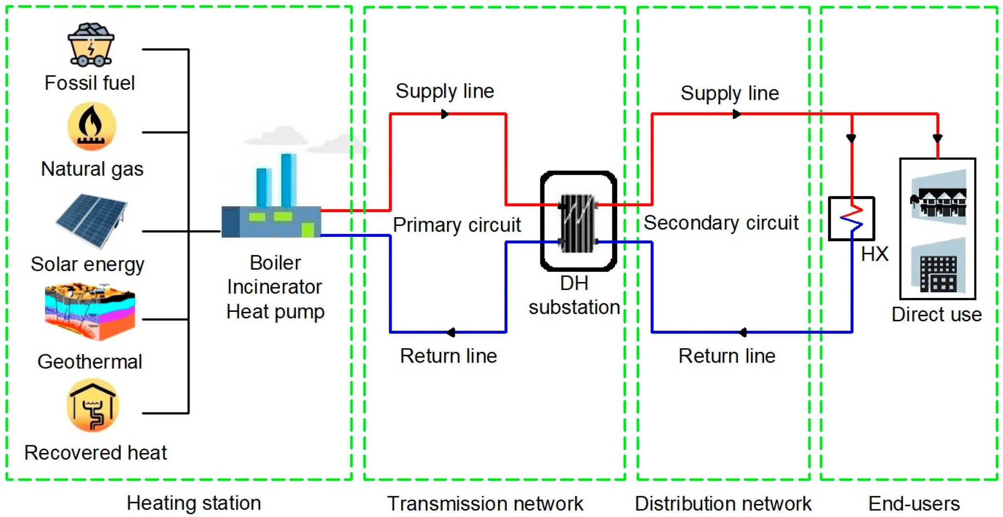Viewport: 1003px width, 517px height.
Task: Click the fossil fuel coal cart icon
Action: coord(91,45)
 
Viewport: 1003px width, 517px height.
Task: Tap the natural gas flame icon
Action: coord(92,126)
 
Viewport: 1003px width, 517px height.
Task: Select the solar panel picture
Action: coord(92,221)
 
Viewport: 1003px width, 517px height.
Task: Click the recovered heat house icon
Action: coord(93,406)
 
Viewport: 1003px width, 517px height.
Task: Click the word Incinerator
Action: coord(274,287)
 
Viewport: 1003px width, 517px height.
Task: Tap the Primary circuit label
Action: coord(457,225)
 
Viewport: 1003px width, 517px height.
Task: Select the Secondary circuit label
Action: coord(721,223)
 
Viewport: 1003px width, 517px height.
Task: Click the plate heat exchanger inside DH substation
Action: coord(578,223)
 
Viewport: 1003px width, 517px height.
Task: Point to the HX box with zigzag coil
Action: coord(851,219)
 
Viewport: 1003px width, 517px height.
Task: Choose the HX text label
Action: coord(875,254)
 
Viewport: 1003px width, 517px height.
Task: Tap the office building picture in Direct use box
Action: coord(938,273)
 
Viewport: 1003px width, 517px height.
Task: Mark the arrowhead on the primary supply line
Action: coord(445,114)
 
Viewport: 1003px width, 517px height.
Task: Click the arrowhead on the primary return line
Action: coord(451,332)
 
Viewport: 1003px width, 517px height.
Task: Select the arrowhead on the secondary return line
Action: coord(743,332)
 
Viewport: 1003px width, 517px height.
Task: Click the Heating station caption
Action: coord(194,503)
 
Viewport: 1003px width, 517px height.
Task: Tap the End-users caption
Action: coord(914,504)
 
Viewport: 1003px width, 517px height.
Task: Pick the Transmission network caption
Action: coord(485,504)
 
